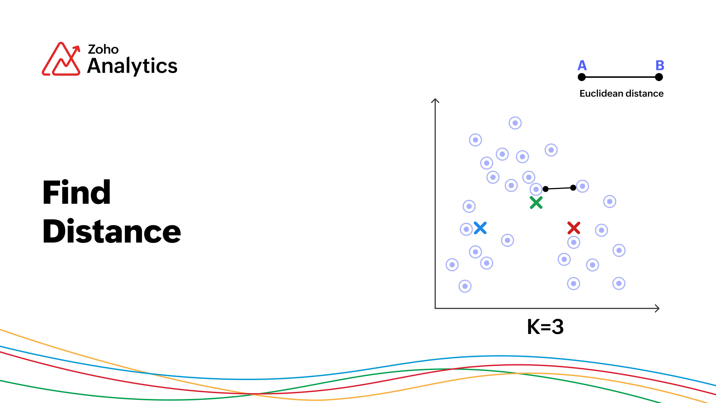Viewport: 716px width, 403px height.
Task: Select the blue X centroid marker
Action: point(480,228)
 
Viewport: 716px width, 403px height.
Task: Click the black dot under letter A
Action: point(582,77)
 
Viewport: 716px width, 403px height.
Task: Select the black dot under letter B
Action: point(659,77)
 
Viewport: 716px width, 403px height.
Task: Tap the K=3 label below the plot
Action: point(545,327)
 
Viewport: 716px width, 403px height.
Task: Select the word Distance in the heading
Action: point(112,231)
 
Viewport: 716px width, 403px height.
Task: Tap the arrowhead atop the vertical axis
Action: point(435,101)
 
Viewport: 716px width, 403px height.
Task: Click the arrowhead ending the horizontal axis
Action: point(657,308)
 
